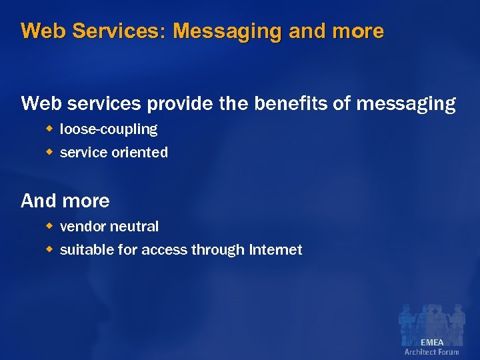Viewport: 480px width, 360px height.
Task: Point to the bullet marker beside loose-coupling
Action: tap(48, 129)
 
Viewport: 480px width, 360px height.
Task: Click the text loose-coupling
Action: tap(109, 129)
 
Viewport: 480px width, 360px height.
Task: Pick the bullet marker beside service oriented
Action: tap(48, 152)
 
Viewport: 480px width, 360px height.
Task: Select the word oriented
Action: tap(139, 153)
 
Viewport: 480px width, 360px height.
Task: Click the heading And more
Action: tap(65, 201)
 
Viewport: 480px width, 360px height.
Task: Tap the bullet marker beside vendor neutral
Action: tap(48, 226)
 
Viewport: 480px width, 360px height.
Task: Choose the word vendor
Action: tap(81, 227)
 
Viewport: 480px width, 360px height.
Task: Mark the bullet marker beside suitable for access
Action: tap(48, 249)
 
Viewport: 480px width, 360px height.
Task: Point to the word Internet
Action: tap(275, 250)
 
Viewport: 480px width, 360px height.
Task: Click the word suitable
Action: tap(83, 250)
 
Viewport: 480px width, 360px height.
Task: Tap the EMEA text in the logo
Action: tap(432, 343)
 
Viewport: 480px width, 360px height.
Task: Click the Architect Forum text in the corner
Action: tap(432, 352)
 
